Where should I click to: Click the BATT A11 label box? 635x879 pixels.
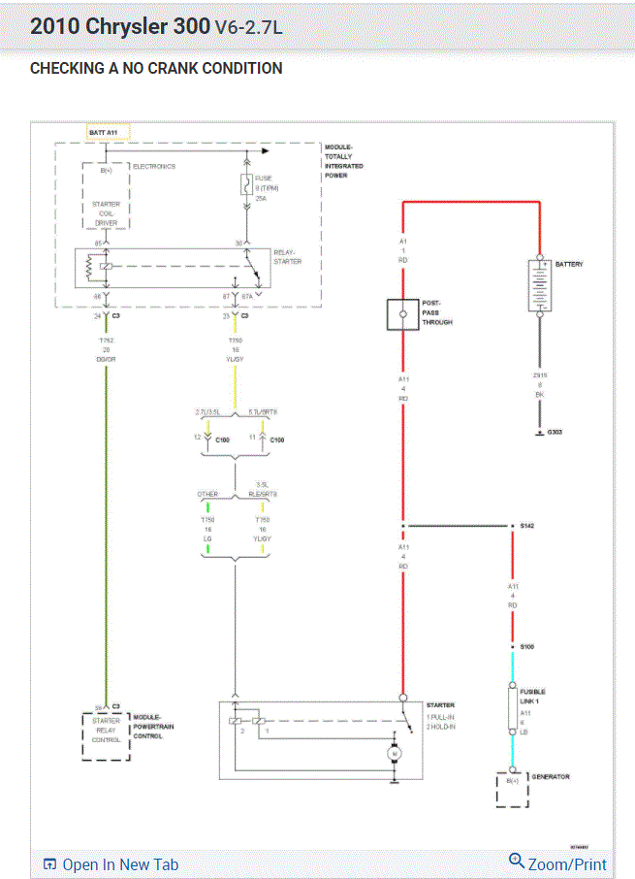(x=107, y=131)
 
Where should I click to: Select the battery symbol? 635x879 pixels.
(x=541, y=285)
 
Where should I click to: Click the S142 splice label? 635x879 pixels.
(x=527, y=526)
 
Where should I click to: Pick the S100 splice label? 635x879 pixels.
(x=527, y=646)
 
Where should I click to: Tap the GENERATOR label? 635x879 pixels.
(x=550, y=777)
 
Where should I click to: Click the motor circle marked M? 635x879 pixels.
(x=395, y=753)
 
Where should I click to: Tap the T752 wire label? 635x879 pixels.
(x=107, y=342)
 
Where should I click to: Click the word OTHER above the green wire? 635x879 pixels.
(x=208, y=494)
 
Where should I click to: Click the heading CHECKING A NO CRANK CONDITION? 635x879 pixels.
(x=156, y=69)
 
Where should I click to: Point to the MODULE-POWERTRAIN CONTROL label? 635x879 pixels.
(x=148, y=727)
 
